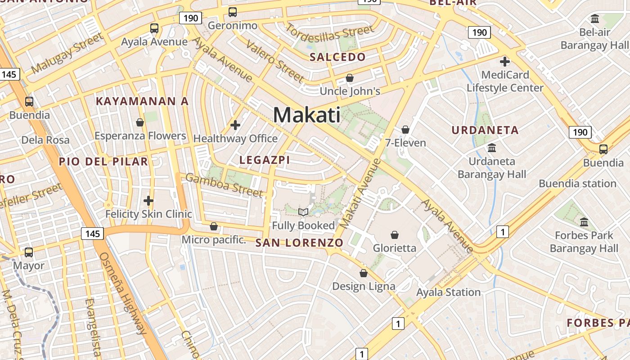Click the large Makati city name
pos(307,115)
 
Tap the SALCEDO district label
pos(337,57)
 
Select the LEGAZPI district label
pos(265,160)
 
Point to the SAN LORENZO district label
pos(299,243)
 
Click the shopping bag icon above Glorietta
pos(395,235)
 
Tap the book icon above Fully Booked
pos(304,212)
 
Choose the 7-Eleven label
pos(405,143)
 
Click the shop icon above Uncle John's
pos(350,78)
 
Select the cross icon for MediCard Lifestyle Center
pos(505,62)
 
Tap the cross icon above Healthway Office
pos(235,125)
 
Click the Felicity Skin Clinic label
pos(148,214)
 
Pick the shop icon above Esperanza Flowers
pos(140,122)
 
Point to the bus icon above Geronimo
pos(233,13)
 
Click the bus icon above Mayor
pos(29,252)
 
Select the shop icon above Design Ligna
pos(364,273)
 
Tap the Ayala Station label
pos(448,292)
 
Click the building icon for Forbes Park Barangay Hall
pos(584,222)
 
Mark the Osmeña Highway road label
pos(123,292)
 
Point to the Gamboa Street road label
pos(224,185)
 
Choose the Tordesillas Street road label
pos(330,32)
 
